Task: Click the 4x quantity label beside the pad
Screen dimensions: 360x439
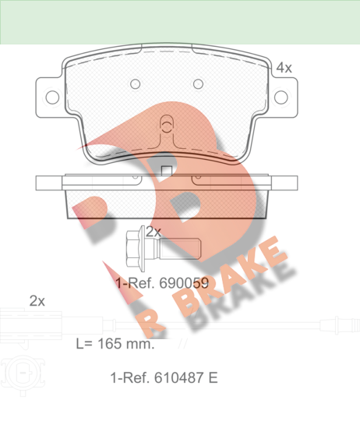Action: click(x=284, y=68)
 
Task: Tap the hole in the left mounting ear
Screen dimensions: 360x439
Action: click(x=52, y=97)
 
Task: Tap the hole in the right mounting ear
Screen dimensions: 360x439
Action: click(x=281, y=97)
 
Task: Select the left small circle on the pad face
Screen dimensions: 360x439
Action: click(x=136, y=83)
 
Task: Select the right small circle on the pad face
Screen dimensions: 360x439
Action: click(x=199, y=83)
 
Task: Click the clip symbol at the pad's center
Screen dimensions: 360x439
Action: click(x=167, y=124)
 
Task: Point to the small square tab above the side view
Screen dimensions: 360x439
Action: click(x=167, y=171)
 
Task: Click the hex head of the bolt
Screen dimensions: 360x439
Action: click(x=135, y=249)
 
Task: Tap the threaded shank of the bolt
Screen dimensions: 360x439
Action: click(x=180, y=249)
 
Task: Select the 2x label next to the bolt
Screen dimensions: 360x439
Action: click(x=154, y=232)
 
